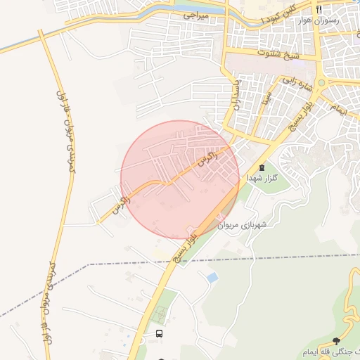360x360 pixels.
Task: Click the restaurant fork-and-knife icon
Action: click(319, 10)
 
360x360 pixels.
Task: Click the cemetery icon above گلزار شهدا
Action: click(262, 167)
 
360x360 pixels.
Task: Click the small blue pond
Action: click(212, 278)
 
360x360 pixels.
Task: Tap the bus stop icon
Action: click(159, 333)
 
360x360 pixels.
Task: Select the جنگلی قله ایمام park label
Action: click(330, 350)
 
